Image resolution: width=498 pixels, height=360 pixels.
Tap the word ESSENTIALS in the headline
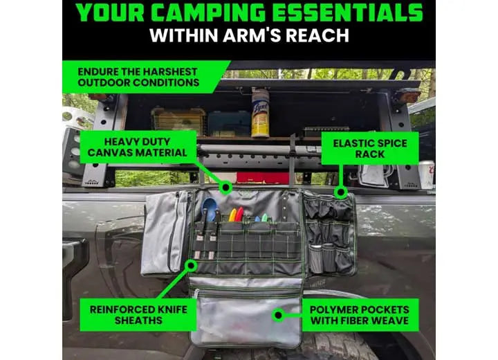tap(347, 13)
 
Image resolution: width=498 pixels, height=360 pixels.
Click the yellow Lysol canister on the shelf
tap(261, 113)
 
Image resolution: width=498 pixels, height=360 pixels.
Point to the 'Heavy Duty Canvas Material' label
tap(137, 147)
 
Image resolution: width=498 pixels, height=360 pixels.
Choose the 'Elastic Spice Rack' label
tap(370, 149)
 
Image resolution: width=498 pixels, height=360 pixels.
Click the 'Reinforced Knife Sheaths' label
tap(138, 315)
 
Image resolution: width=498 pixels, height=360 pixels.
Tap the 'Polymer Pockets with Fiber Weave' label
tap(360, 315)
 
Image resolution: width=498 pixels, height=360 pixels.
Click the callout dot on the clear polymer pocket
tap(279, 315)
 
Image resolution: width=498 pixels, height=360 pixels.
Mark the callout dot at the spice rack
tap(341, 192)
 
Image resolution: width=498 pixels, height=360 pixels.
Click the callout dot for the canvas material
tap(225, 188)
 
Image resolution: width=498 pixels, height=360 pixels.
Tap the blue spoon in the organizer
tap(209, 208)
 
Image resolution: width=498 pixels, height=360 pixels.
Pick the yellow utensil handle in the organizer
tap(233, 215)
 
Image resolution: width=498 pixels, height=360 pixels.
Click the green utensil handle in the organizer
tap(264, 218)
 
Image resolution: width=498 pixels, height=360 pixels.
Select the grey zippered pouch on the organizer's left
tap(165, 233)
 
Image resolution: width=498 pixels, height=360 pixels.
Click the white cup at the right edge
tap(426, 174)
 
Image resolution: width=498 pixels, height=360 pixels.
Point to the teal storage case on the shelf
tap(229, 123)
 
